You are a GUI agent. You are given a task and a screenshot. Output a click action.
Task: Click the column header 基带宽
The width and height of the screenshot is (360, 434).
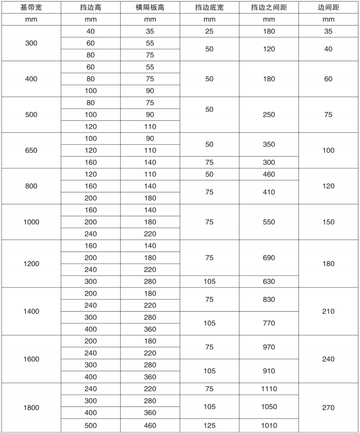click(x=31, y=7)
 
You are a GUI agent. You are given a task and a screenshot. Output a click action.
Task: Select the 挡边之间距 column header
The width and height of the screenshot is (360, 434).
click(x=269, y=7)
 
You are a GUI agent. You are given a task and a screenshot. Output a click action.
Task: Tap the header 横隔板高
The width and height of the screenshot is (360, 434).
click(x=150, y=7)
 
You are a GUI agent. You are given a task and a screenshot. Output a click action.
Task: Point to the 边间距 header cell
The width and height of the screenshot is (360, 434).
click(x=328, y=7)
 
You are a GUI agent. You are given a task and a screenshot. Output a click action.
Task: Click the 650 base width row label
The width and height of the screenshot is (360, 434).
click(x=31, y=151)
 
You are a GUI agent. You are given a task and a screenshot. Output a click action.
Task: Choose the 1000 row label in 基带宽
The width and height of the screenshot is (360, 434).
click(x=31, y=222)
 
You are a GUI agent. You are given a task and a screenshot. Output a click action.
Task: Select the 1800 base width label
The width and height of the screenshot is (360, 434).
click(x=31, y=407)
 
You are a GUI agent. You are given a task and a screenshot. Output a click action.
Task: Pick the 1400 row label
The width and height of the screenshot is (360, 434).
click(x=31, y=311)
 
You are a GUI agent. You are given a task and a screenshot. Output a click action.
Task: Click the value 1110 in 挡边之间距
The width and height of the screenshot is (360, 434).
click(x=269, y=389)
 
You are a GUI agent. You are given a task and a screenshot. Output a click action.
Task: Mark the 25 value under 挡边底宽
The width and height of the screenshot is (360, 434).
click(x=209, y=31)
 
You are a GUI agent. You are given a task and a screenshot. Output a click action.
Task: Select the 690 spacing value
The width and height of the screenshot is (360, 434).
click(x=269, y=258)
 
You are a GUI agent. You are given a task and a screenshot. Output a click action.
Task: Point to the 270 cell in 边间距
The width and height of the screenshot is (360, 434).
click(x=328, y=407)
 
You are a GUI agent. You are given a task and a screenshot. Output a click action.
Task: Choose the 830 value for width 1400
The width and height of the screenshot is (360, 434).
click(x=269, y=300)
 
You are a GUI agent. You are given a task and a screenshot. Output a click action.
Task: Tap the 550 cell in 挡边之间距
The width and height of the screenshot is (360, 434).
click(x=269, y=222)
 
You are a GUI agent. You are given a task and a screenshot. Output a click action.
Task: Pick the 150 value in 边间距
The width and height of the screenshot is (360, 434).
click(x=328, y=222)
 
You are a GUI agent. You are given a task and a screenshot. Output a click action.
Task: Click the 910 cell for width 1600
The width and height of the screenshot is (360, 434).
click(x=269, y=371)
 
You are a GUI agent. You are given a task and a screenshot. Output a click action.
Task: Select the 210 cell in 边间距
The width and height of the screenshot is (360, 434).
click(x=328, y=311)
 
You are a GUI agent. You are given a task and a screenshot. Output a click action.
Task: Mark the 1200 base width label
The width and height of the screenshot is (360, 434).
click(x=31, y=264)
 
